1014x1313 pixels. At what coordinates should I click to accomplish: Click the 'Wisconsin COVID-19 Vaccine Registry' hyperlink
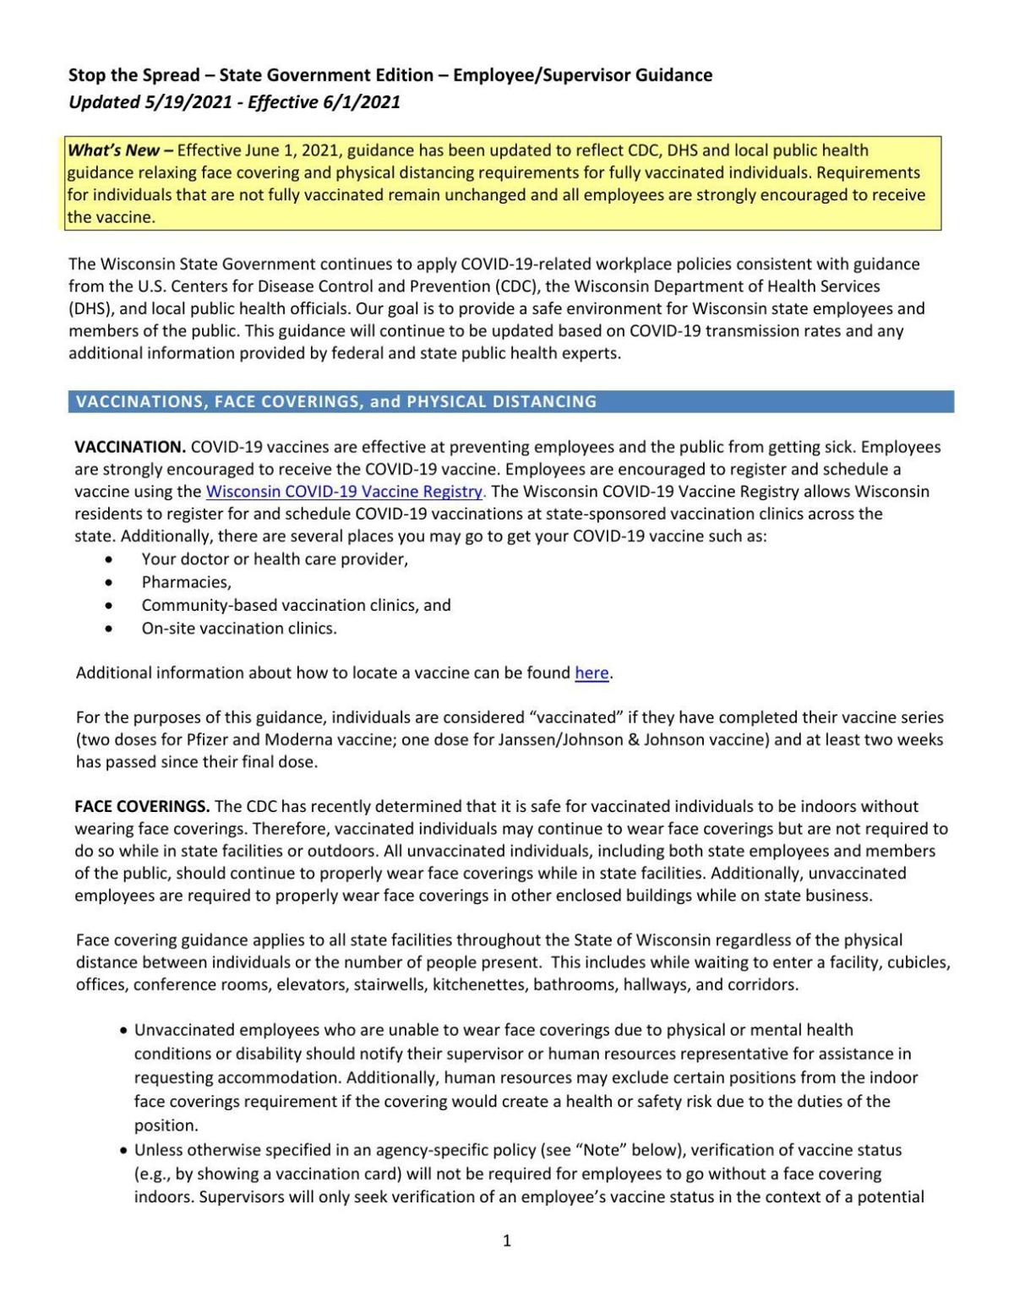point(345,492)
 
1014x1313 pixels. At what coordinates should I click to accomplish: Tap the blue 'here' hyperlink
point(591,673)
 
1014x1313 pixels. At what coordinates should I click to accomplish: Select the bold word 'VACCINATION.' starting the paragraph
point(130,447)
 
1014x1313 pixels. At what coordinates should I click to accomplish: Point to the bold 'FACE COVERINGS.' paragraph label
point(142,807)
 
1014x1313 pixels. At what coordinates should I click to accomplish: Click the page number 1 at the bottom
point(507,1240)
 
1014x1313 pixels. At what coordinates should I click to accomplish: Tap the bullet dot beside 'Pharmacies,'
point(107,583)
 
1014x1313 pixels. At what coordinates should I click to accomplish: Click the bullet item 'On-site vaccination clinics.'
point(239,629)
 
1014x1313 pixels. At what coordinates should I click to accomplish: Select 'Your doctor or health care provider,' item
point(275,559)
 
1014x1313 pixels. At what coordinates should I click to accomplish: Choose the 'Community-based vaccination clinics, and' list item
point(296,606)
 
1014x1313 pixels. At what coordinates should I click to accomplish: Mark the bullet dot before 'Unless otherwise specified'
point(125,1151)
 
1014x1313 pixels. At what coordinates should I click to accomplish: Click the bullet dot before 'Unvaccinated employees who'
point(125,1031)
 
